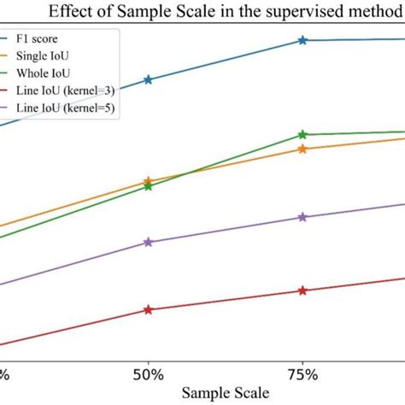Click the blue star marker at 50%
149,79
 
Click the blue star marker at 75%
302,40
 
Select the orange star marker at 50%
149,181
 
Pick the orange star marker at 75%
302,149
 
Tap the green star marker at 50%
149,186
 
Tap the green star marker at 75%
302,134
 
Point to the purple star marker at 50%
149,242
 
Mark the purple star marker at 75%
302,217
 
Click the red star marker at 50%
149,309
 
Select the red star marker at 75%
302,291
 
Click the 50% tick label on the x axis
149,374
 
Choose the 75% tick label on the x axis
302,374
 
